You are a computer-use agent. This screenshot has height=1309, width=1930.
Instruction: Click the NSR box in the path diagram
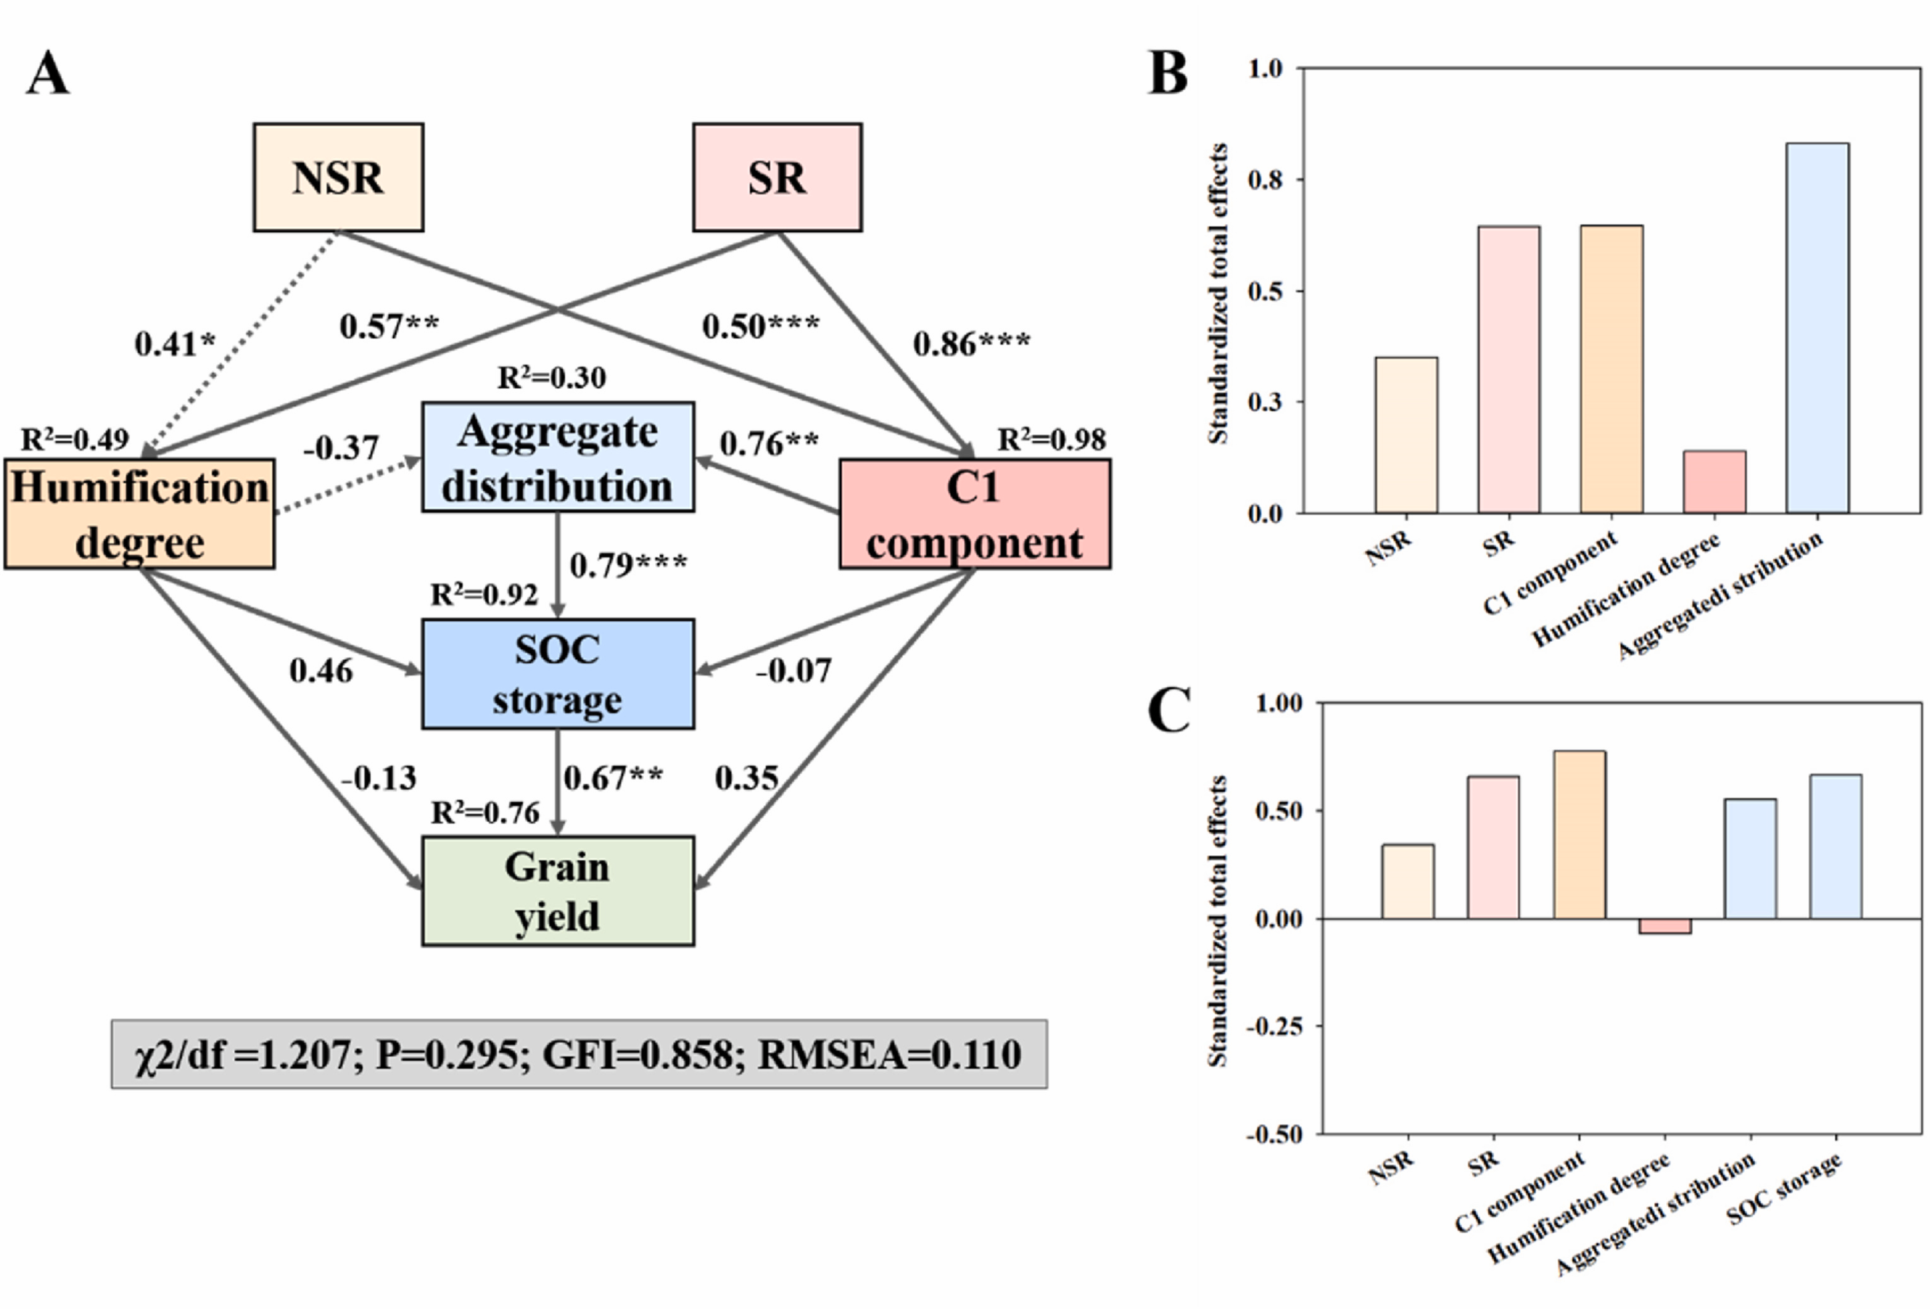(x=338, y=177)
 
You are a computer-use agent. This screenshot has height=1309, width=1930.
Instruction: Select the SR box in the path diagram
(x=778, y=177)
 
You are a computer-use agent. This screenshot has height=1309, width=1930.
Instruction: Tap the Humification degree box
(x=139, y=513)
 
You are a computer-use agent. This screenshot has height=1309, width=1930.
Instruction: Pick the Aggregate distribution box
(x=557, y=457)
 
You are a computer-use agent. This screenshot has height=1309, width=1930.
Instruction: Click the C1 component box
(x=974, y=513)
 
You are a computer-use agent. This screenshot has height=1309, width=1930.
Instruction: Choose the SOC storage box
(x=557, y=674)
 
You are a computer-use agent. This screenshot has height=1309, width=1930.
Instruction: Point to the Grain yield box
(x=557, y=890)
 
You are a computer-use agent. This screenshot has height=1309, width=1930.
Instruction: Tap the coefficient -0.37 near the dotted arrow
(x=341, y=448)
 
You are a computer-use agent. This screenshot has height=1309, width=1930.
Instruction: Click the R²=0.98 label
(x=1051, y=440)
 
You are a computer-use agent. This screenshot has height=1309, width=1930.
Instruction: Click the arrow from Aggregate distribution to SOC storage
(x=557, y=565)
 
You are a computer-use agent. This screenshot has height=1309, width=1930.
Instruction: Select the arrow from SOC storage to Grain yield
(x=557, y=782)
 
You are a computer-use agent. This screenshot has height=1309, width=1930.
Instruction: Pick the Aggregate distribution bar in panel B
(x=1817, y=328)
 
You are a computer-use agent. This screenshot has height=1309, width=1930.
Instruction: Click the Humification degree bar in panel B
(x=1714, y=482)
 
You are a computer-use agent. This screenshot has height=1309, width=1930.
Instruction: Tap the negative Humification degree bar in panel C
(x=1664, y=926)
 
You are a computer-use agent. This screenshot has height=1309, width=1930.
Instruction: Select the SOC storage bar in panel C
(x=1836, y=847)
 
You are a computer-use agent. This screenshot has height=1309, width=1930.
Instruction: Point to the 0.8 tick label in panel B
(x=1265, y=179)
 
